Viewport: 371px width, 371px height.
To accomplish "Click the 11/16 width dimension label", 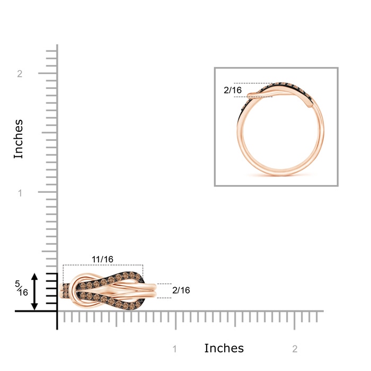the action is [x=102, y=259].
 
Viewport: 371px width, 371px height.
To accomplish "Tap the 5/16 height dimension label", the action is [x=22, y=288].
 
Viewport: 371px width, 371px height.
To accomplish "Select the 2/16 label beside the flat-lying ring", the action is [x=181, y=290].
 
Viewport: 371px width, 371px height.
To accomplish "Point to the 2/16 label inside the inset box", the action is [x=233, y=90].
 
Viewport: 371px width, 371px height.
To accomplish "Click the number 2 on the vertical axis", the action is [x=20, y=74].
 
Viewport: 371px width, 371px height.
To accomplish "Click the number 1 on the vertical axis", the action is [x=20, y=193].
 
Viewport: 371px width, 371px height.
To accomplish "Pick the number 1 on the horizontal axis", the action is [x=174, y=349].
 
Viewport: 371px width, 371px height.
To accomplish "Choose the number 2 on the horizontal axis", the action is [x=295, y=349].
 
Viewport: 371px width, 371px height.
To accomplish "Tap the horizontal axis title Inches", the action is [x=224, y=348].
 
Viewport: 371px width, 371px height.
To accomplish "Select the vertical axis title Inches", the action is [x=18, y=139].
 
